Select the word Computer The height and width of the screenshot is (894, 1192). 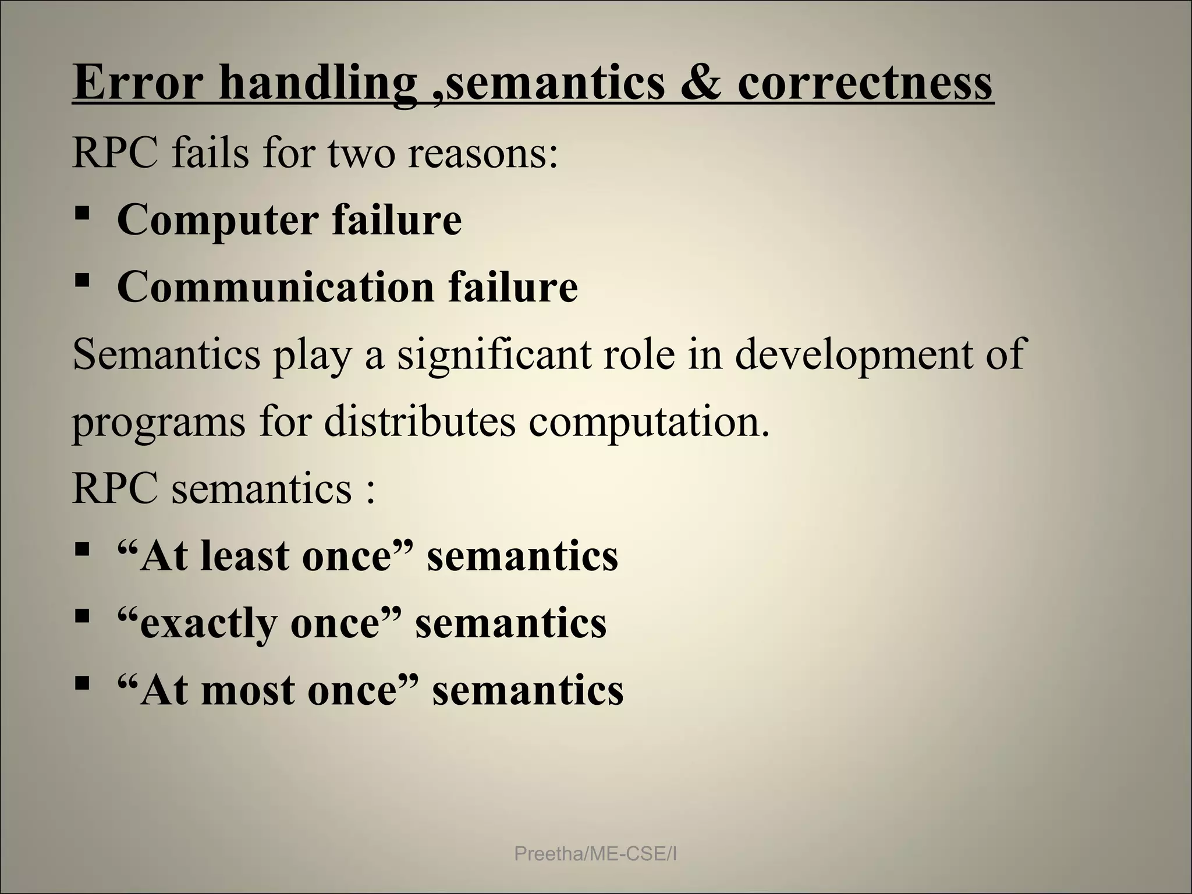click(217, 221)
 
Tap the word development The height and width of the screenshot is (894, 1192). click(842, 355)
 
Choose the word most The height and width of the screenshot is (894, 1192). click(247, 690)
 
